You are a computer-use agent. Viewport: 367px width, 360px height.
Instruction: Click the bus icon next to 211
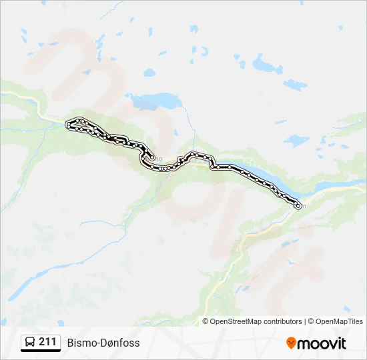click(x=30, y=343)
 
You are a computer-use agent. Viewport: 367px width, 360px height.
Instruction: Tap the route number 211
click(x=47, y=342)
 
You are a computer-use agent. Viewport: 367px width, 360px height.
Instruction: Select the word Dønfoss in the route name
click(x=120, y=343)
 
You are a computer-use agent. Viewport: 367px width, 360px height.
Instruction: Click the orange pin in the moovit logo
click(x=291, y=343)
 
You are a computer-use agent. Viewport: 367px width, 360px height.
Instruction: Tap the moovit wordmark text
click(x=322, y=343)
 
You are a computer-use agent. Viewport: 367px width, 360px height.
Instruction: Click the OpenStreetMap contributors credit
click(x=256, y=321)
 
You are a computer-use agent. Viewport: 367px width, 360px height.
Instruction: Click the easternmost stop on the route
click(x=298, y=206)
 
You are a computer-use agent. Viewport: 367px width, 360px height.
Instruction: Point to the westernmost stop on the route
click(x=67, y=125)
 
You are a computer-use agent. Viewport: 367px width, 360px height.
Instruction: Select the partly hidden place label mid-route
click(x=158, y=158)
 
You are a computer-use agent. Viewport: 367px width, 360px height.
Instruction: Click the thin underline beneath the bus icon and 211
click(x=41, y=351)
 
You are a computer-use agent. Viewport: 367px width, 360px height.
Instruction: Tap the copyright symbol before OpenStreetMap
click(x=206, y=321)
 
